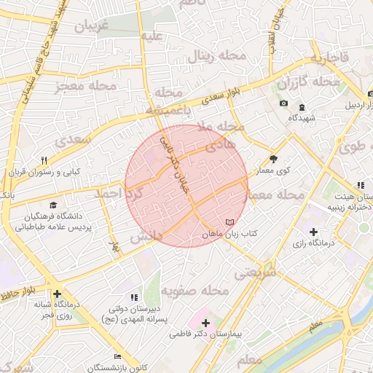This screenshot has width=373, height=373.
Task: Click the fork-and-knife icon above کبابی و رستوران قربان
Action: click(44, 161)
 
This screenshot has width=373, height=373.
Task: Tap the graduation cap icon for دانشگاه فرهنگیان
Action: click(52, 206)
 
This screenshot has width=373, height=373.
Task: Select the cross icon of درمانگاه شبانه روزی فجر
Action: click(57, 294)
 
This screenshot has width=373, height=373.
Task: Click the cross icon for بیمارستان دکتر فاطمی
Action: click(205, 323)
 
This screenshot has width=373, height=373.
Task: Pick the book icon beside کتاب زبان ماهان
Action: click(230, 221)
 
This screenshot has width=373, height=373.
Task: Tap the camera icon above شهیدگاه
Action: click(283, 103)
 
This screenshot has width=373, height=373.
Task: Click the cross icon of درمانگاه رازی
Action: click(313, 232)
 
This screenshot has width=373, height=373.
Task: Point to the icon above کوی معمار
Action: click(274, 158)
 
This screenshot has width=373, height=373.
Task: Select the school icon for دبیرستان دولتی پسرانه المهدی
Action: click(133, 297)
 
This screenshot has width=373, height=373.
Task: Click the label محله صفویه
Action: click(195, 291)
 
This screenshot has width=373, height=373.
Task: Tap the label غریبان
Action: click(91, 27)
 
